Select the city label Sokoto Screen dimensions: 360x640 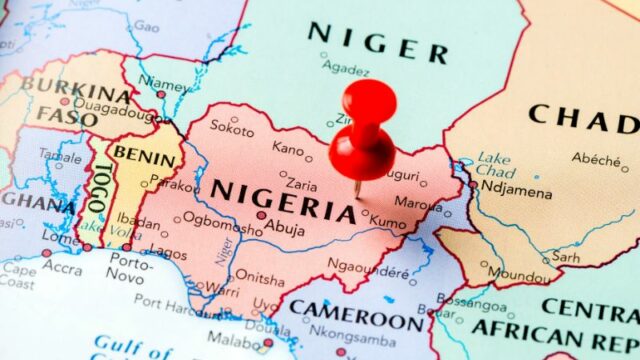pos(233,130)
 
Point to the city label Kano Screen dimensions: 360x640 pos(288,149)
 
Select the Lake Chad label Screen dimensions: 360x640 pos(494,164)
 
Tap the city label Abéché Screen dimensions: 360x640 pos(596,158)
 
